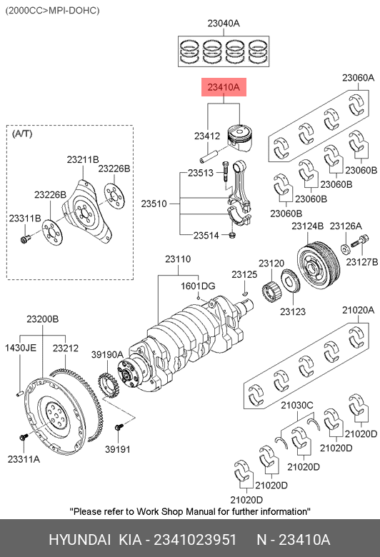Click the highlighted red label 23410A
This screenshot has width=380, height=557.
tap(224, 87)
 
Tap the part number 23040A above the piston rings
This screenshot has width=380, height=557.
tap(224, 24)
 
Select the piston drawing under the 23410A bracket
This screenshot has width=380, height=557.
tap(241, 137)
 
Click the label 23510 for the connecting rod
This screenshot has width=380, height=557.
tap(154, 204)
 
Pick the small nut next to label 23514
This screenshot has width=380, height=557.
tap(232, 235)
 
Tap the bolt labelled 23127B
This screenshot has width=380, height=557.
tap(360, 241)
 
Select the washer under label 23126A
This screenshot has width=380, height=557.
tap(345, 249)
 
